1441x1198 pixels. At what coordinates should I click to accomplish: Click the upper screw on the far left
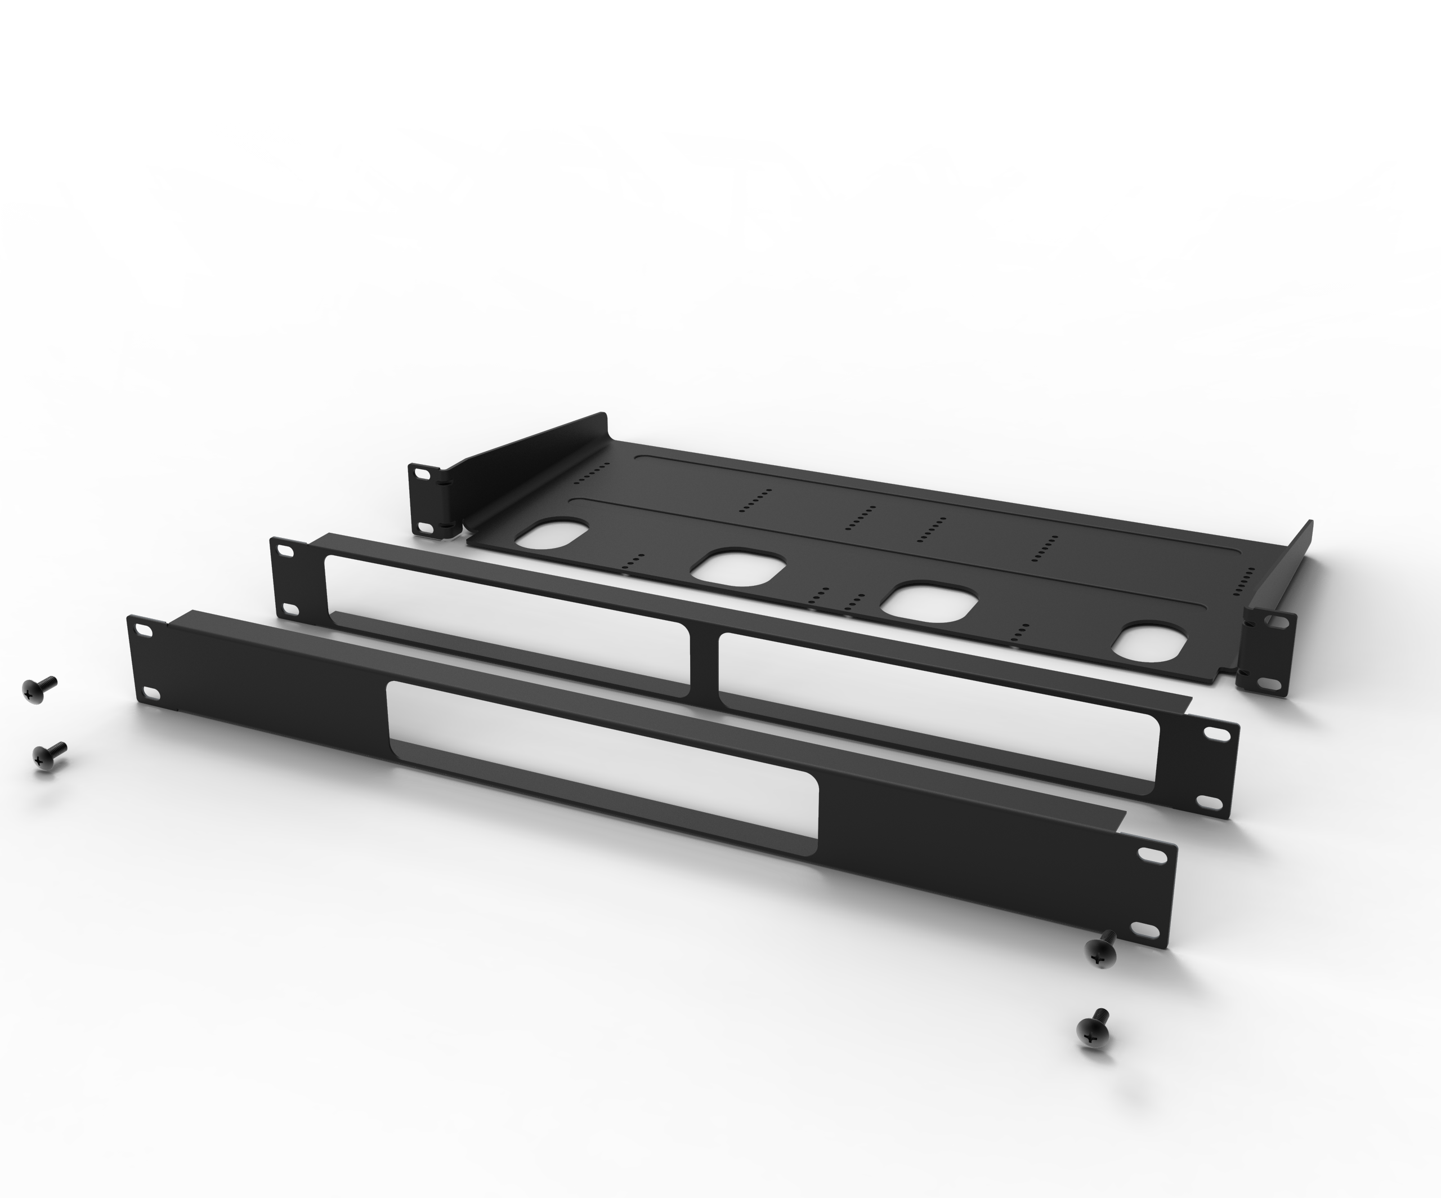38,690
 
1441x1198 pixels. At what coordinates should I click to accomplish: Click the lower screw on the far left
48,756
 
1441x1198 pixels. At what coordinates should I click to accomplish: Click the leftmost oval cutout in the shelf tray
551,533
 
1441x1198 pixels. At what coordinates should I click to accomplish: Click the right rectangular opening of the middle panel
940,714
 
